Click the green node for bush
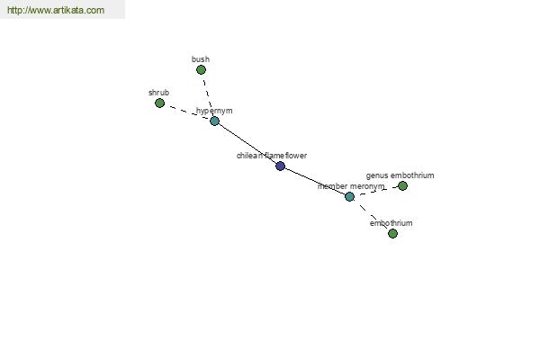[x=201, y=70]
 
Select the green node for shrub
[x=159, y=103]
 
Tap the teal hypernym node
[x=214, y=121]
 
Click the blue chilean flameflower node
[x=280, y=166]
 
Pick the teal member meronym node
[x=349, y=197]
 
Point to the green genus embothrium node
[x=402, y=186]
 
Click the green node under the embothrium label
[x=392, y=234]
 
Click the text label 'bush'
[x=201, y=59]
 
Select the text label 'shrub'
[x=158, y=93]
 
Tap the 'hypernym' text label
[x=214, y=111]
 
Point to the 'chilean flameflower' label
[x=272, y=156]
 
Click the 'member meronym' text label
[x=351, y=186]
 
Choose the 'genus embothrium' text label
[x=400, y=175]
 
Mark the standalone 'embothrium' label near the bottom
[x=391, y=223]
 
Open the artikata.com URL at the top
[x=56, y=10]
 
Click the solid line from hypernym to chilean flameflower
[x=247, y=144]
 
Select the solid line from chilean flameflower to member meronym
[x=315, y=182]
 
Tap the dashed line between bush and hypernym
[x=208, y=95]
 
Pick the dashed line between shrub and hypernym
[x=187, y=112]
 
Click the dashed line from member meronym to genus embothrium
[x=376, y=191]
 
